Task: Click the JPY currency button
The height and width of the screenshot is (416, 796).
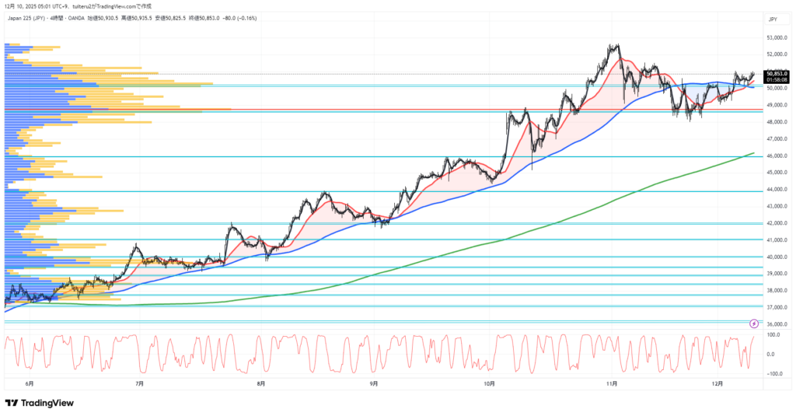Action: coord(773,19)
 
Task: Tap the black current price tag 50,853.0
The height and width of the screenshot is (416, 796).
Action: coord(777,74)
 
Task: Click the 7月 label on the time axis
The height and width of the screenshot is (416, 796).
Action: coord(140,383)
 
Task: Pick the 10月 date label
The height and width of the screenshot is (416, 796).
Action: coord(490,383)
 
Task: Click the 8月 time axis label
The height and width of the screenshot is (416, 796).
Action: coord(260,383)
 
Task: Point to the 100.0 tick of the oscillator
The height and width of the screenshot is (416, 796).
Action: coord(774,335)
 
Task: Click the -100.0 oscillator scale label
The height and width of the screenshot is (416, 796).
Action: coord(773,373)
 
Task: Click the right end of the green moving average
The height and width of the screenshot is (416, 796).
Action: coord(754,153)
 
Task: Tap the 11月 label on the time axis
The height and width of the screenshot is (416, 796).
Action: coord(611,383)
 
